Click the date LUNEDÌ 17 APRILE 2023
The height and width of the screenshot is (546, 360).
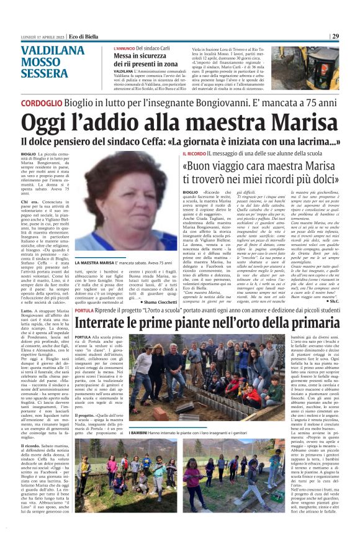coord(40,37)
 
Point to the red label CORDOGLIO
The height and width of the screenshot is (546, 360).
coord(42,102)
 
